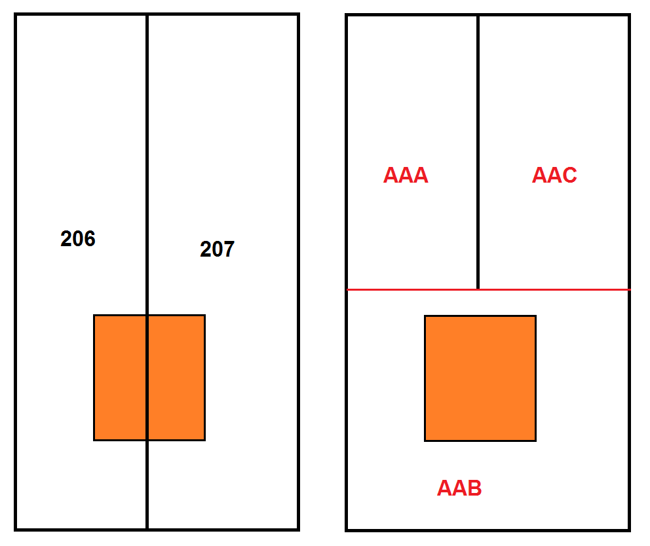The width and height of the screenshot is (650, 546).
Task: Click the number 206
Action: [78, 238]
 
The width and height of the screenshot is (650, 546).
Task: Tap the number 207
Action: [218, 249]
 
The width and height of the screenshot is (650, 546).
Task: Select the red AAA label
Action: [406, 175]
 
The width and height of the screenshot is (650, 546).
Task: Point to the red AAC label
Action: [554, 175]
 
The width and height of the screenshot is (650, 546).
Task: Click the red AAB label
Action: [459, 488]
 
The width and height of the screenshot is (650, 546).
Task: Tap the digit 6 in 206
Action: [90, 238]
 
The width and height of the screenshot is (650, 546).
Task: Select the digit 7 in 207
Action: [229, 249]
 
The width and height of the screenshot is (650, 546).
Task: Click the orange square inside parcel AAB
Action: [480, 378]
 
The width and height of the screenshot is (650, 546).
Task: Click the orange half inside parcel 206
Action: [120, 377]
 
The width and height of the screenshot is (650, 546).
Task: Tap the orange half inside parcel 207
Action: [177, 377]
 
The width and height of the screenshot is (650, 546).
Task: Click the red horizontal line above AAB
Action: [488, 289]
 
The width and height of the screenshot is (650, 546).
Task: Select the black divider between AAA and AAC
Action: [478, 152]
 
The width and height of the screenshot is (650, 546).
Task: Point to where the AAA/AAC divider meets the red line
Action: [478, 289]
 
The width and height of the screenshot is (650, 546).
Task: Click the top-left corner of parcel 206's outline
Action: [15, 14]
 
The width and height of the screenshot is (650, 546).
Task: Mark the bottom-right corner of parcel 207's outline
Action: [298, 530]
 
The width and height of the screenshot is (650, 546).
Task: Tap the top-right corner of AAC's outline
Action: [629, 15]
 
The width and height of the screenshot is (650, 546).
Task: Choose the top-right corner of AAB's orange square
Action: [535, 316]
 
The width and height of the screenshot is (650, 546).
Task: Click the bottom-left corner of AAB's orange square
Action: [425, 441]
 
